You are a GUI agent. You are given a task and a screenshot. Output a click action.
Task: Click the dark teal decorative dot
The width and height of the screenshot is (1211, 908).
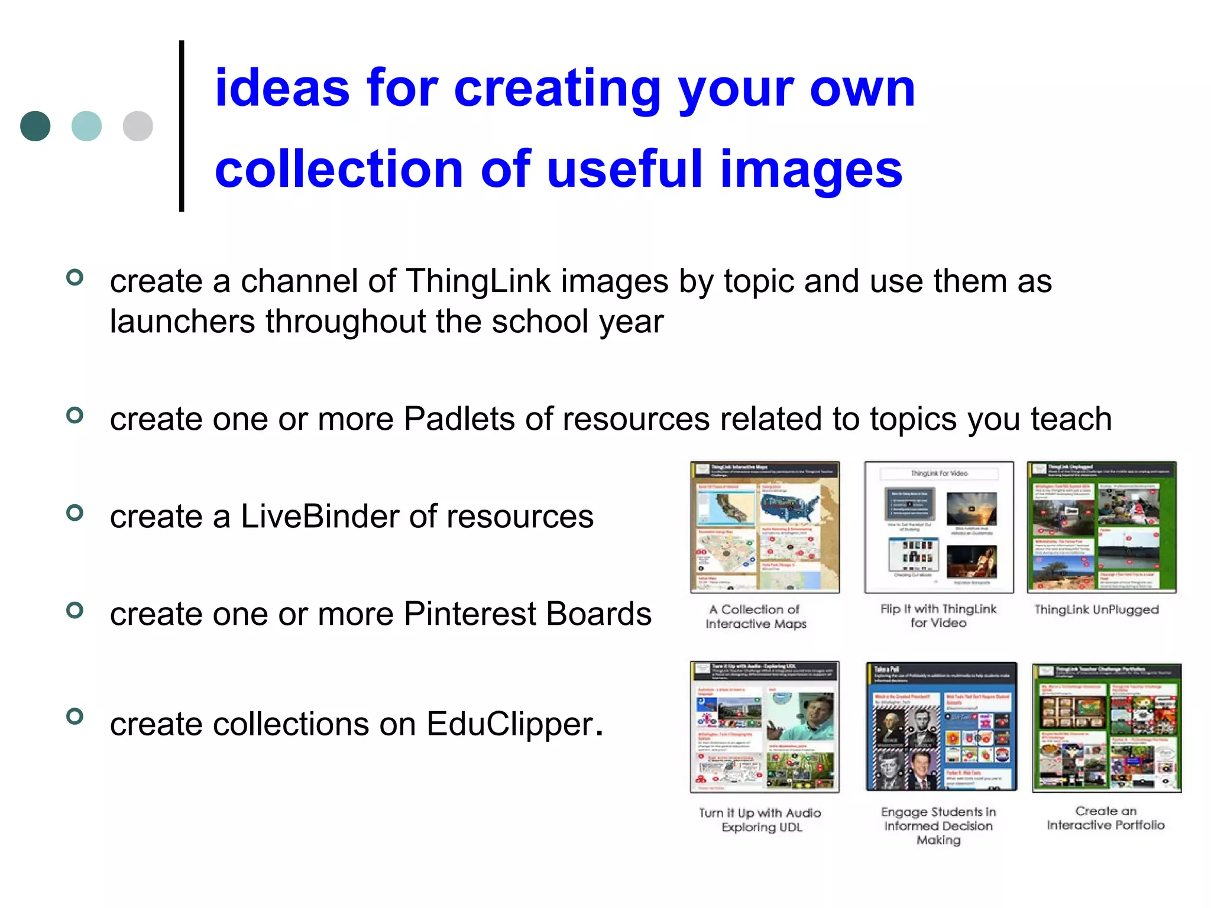[x=35, y=126]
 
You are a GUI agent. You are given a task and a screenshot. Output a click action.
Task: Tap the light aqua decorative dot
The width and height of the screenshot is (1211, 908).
[x=86, y=126]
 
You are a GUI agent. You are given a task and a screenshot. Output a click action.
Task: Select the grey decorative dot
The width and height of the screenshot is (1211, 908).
[x=138, y=126]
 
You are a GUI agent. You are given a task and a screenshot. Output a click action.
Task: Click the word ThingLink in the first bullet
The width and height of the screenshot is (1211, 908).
[x=478, y=281]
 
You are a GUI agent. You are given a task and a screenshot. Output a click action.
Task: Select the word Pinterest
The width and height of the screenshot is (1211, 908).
[x=469, y=614]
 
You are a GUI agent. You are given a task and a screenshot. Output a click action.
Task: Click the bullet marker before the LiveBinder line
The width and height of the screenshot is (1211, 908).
[x=75, y=513]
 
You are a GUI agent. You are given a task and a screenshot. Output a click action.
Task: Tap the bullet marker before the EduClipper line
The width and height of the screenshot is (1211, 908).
[x=75, y=716]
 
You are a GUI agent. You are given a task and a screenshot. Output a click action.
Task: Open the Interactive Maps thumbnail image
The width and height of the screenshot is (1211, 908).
[x=765, y=527]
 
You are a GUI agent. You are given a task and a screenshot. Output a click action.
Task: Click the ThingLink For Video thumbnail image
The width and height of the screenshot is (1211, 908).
[x=938, y=527]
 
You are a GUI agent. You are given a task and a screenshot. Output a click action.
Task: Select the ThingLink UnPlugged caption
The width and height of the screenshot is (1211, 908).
[x=1096, y=610]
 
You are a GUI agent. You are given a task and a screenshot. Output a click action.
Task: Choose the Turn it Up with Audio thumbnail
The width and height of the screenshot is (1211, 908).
[x=765, y=727]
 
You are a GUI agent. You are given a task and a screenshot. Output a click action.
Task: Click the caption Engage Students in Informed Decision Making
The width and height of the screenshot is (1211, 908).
[x=938, y=826]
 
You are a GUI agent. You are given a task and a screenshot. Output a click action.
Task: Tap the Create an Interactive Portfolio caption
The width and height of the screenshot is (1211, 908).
[x=1106, y=818]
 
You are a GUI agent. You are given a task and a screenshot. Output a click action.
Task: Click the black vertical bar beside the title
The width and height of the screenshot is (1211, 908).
[x=182, y=126]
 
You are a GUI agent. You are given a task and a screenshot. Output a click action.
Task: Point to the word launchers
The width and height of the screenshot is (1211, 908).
[x=183, y=322]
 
